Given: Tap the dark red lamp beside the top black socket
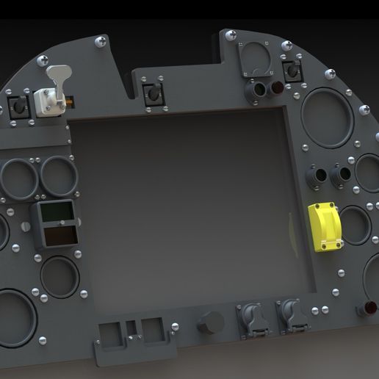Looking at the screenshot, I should (x=278, y=90).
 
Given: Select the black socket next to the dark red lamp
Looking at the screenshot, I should (x=257, y=90).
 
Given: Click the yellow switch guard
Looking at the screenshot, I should (x=323, y=226).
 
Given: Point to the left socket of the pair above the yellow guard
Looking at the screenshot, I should (x=317, y=176).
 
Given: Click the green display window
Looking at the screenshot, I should (x=57, y=213).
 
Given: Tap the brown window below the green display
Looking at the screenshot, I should (x=59, y=237).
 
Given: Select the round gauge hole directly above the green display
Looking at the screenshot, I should (x=59, y=176).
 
